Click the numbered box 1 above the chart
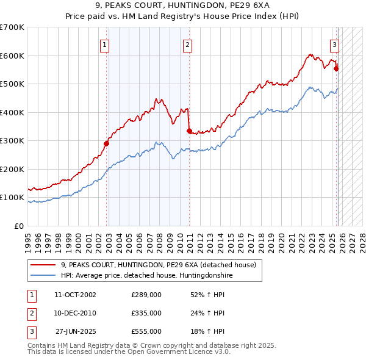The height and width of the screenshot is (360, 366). point(105,45)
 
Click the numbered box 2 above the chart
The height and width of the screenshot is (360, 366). point(187,45)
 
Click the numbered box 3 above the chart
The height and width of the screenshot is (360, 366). point(335,45)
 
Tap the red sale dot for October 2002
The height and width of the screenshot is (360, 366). point(106,144)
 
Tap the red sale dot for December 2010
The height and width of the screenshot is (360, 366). point(188,131)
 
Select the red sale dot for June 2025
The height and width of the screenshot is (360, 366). point(336,68)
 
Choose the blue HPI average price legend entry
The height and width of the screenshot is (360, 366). point(146,276)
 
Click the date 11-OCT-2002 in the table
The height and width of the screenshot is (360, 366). point(75,295)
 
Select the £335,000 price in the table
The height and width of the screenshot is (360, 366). point(146,313)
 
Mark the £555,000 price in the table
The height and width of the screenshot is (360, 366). point(146,331)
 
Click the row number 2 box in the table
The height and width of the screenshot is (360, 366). point(31,313)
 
